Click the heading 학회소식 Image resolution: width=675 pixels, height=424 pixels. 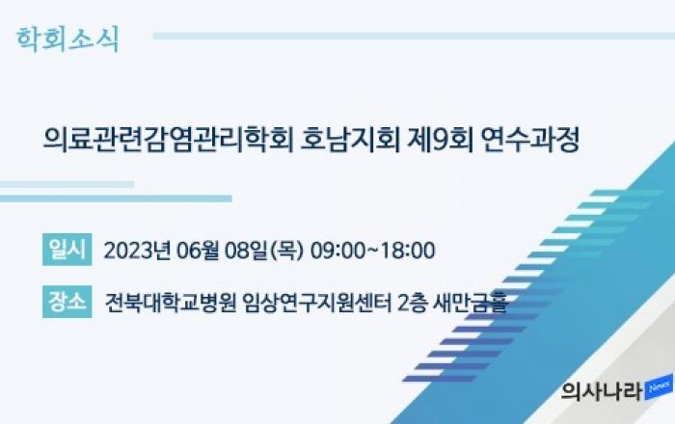point(67,40)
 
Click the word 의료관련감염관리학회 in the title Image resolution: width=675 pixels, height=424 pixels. point(168,140)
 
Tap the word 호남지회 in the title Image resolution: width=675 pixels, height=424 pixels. point(350,140)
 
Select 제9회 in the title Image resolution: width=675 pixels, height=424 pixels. point(440,140)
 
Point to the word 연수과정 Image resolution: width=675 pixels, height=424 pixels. point(530,140)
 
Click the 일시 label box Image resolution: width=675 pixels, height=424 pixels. point(67,250)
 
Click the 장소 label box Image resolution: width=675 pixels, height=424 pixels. point(67,302)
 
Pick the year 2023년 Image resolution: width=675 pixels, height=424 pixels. point(137,251)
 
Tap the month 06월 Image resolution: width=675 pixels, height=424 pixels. point(198,251)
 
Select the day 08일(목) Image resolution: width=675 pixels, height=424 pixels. point(264,251)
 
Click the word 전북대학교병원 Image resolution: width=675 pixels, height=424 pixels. point(171,304)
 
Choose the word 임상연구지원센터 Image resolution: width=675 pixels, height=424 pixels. point(317,304)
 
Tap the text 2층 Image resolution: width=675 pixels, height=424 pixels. point(413,304)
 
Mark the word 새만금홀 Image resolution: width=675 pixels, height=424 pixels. point(471,304)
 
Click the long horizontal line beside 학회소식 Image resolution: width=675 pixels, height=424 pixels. point(414,36)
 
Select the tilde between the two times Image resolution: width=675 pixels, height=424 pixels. point(373,251)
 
